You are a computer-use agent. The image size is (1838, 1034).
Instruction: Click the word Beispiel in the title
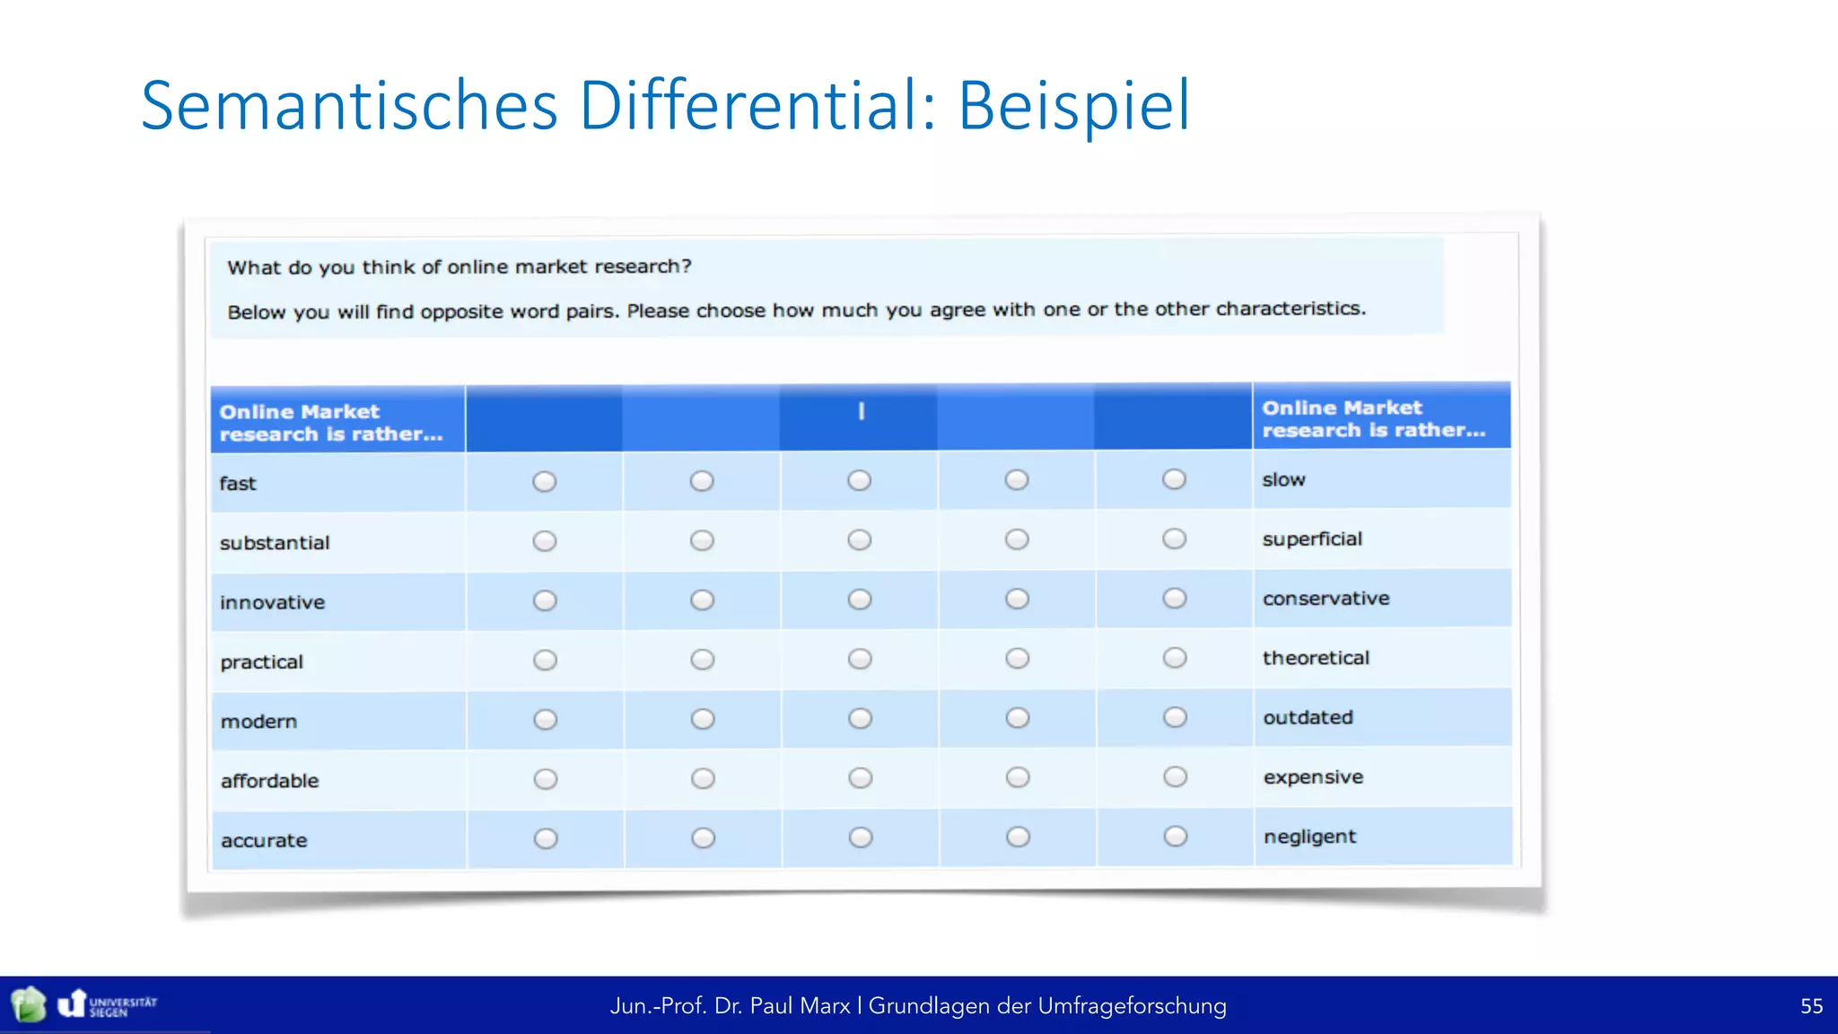[x=1073, y=106]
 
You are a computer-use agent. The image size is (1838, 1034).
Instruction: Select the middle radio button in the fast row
[x=859, y=480]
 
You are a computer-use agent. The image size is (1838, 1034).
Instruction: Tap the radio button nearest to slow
[x=1174, y=479]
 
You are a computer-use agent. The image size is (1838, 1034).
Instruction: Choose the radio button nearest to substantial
[x=545, y=541]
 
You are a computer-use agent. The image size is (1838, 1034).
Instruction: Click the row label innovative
[x=272, y=602]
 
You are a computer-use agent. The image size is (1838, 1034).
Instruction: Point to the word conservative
[x=1326, y=599]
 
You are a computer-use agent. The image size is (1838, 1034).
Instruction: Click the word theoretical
[x=1316, y=658]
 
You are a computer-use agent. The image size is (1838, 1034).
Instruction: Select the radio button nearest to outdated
[x=1175, y=717]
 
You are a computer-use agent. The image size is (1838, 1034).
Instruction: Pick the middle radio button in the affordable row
[x=860, y=778]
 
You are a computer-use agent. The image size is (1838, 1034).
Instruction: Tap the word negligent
[x=1309, y=837]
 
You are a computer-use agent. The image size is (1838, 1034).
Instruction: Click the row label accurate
[x=264, y=841]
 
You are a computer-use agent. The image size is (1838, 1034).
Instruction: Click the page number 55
[x=1811, y=1006]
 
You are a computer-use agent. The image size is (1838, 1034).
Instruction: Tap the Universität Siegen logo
[x=108, y=1004]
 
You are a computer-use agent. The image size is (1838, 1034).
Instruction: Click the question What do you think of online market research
[x=459, y=267]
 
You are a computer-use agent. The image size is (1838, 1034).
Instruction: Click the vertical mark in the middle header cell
[x=861, y=411]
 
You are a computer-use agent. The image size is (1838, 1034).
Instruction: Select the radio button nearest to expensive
[x=1175, y=776]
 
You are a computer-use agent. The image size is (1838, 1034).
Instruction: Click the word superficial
[x=1311, y=539]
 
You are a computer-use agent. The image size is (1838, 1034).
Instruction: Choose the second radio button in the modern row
[x=703, y=719]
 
